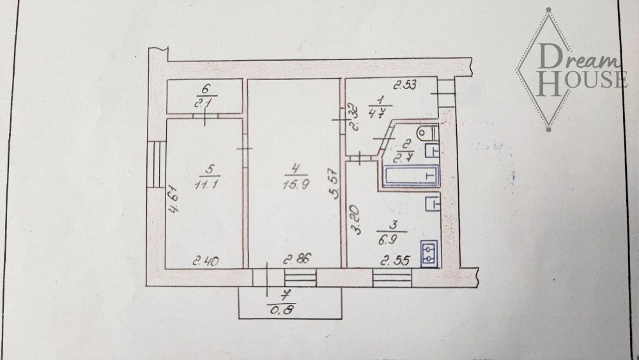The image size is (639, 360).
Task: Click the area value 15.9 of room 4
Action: tap(296, 185)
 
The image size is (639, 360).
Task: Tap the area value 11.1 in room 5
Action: tap(206, 184)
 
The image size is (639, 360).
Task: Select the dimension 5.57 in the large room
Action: tap(335, 184)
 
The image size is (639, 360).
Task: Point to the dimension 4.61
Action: tap(174, 200)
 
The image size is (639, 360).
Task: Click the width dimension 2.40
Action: tap(205, 260)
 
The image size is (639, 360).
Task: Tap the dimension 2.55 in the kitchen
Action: tap(395, 260)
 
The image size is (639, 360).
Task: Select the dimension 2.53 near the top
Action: tap(404, 85)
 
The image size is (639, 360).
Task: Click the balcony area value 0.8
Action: tap(282, 310)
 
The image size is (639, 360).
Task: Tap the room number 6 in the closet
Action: tap(206, 88)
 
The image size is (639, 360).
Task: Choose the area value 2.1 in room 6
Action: tap(203, 103)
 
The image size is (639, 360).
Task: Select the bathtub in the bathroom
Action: tap(410, 176)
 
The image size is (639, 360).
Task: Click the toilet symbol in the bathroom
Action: tap(428, 133)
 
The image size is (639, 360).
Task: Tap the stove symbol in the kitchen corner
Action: tap(429, 254)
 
